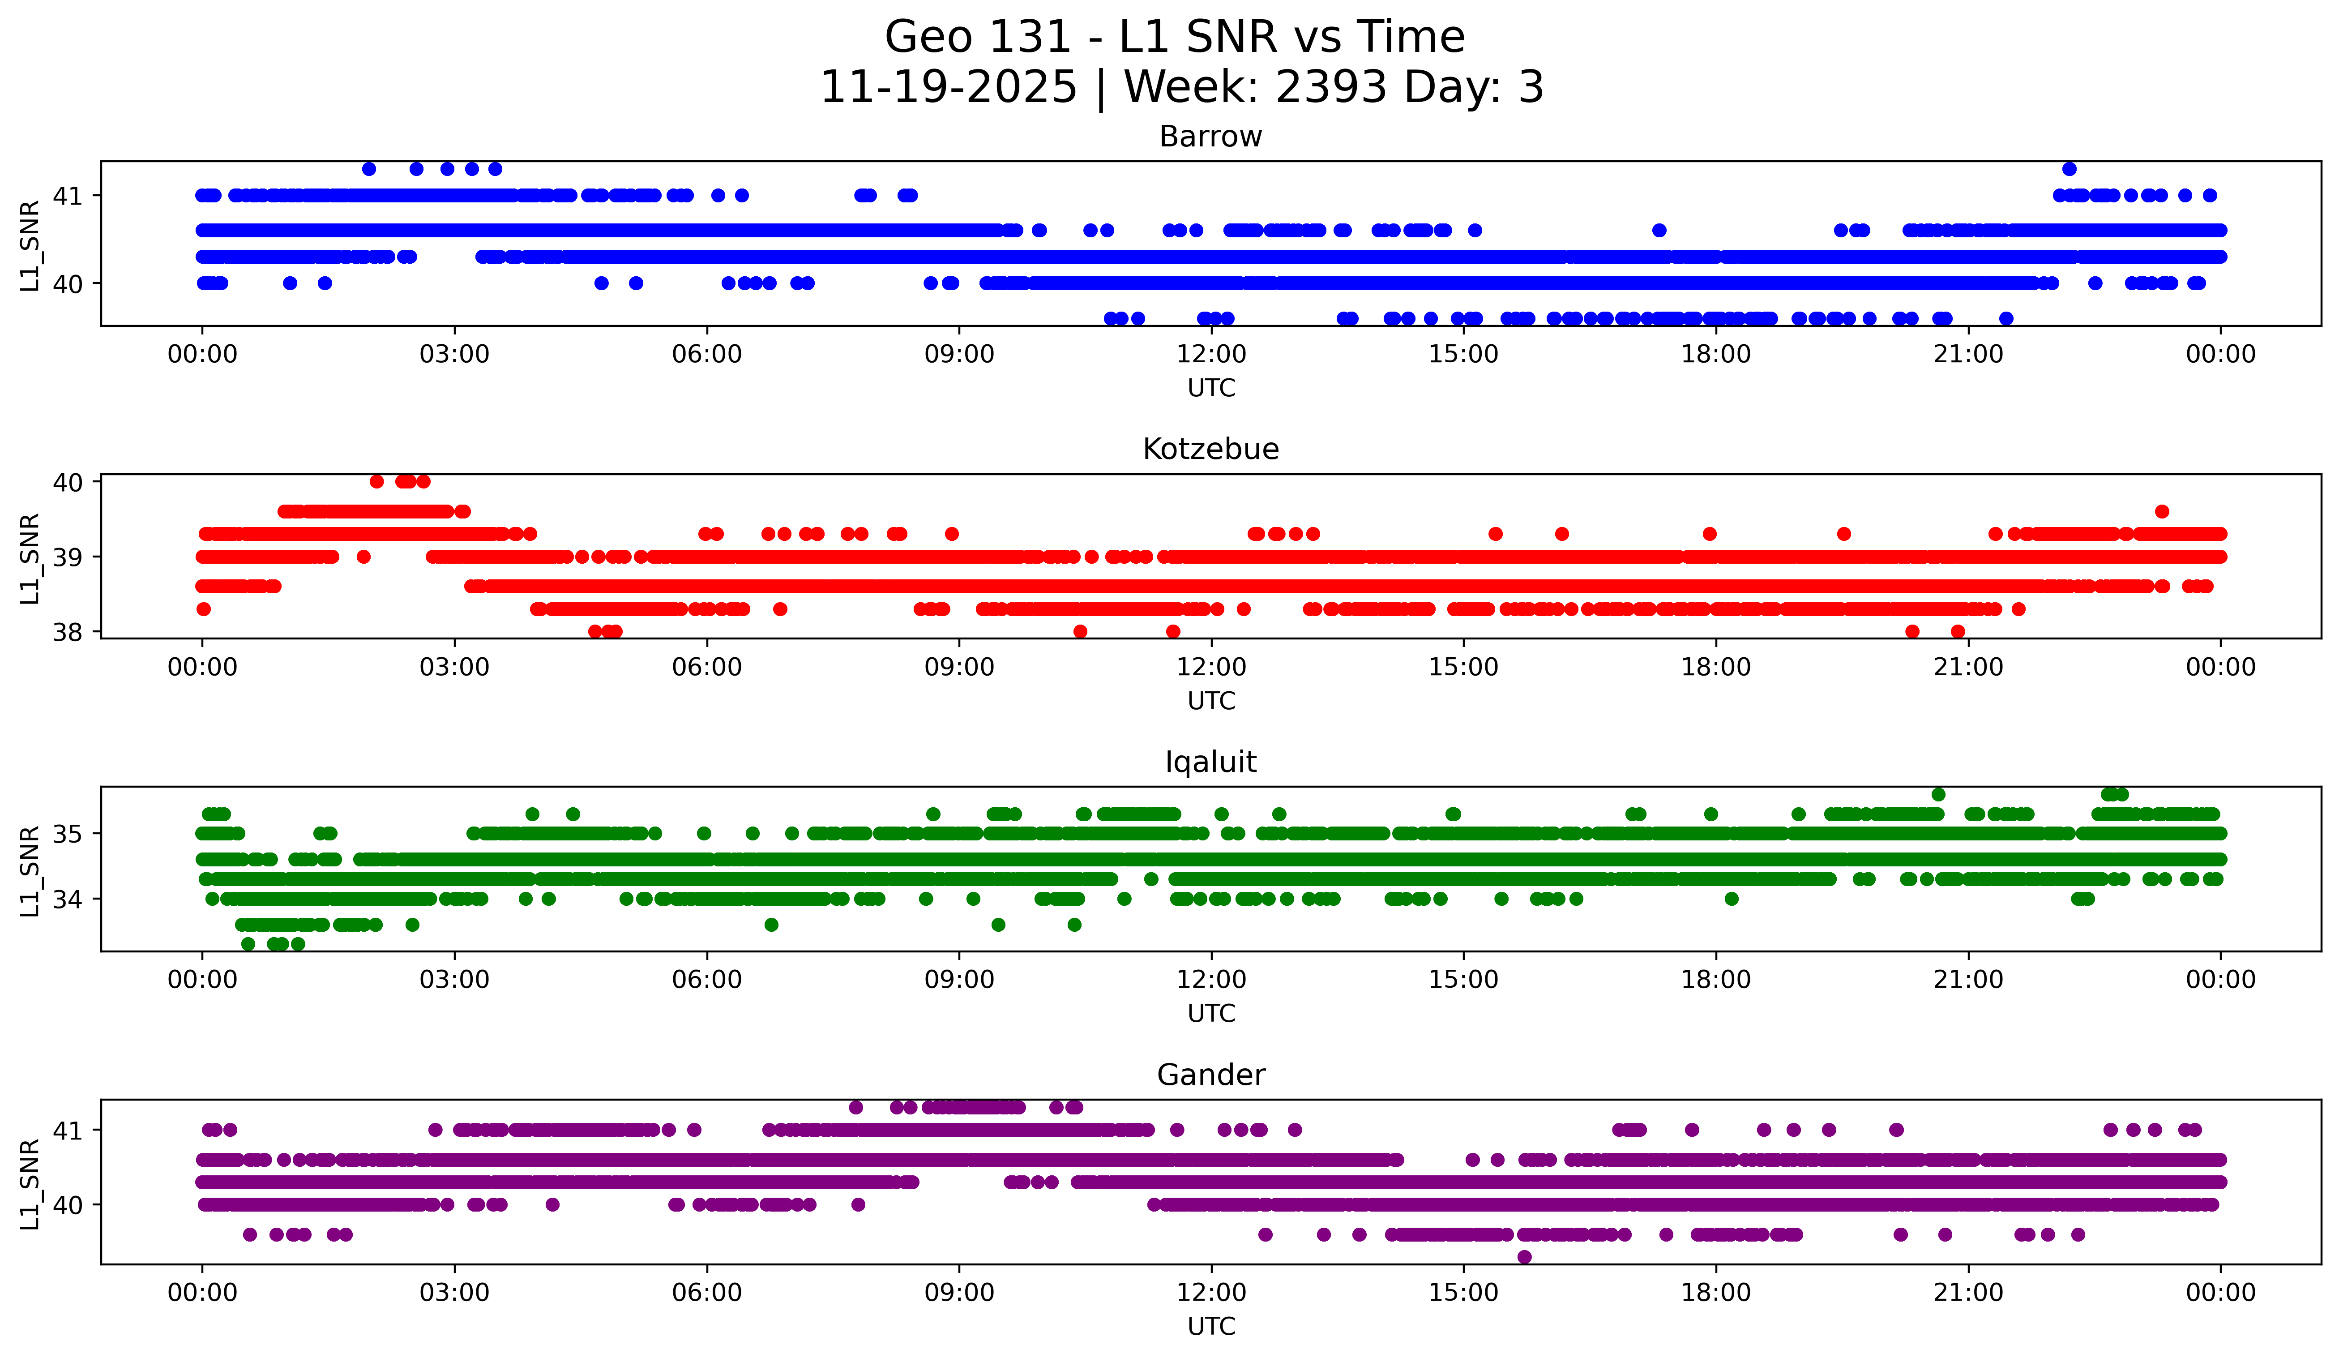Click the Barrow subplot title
pos(1210,137)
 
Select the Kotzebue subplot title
pos(1210,449)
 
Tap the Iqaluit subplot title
pos(1210,762)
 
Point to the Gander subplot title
pos(1210,1075)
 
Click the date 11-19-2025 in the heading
pos(948,87)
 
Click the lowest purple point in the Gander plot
pos(1524,1257)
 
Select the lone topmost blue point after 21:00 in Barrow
pos(2069,169)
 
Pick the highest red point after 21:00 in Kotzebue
pos(2162,511)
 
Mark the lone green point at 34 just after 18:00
pos(1731,899)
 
